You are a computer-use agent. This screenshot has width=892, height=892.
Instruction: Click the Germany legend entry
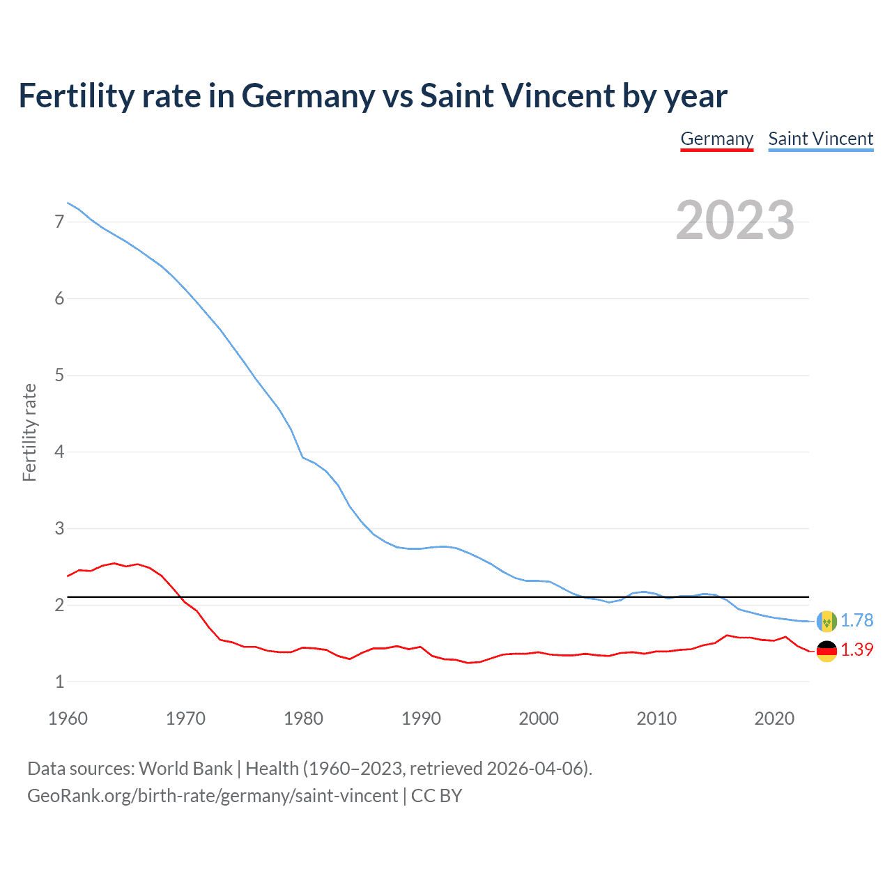tap(716, 139)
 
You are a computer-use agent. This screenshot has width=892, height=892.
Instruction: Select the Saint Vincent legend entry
tap(820, 139)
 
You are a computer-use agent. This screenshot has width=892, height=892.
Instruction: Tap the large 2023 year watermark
tap(735, 220)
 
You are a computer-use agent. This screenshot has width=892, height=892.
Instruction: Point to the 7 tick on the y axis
tap(59, 222)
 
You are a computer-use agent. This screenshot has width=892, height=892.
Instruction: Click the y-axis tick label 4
tap(59, 452)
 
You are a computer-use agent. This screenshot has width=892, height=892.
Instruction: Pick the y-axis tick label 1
tap(59, 682)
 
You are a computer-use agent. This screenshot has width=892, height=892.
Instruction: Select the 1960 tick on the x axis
tap(68, 718)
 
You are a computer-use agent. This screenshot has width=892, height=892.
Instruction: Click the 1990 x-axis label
tap(421, 718)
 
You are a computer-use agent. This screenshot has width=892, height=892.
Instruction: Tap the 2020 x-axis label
tap(774, 718)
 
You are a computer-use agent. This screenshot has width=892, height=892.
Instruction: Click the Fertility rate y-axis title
tap(29, 432)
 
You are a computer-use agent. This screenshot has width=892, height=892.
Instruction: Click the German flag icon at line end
tap(826, 651)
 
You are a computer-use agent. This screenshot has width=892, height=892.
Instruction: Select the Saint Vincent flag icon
tap(826, 620)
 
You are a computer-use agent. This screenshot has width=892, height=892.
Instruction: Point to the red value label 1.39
tap(856, 649)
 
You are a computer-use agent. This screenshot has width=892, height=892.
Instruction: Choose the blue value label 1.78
tap(856, 620)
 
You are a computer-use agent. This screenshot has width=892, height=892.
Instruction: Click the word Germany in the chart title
tap(307, 96)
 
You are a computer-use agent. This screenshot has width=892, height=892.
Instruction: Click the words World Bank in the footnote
tap(185, 769)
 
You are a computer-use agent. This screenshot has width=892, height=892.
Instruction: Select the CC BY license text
tap(436, 796)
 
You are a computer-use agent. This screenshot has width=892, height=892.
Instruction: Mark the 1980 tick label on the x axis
tap(303, 718)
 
